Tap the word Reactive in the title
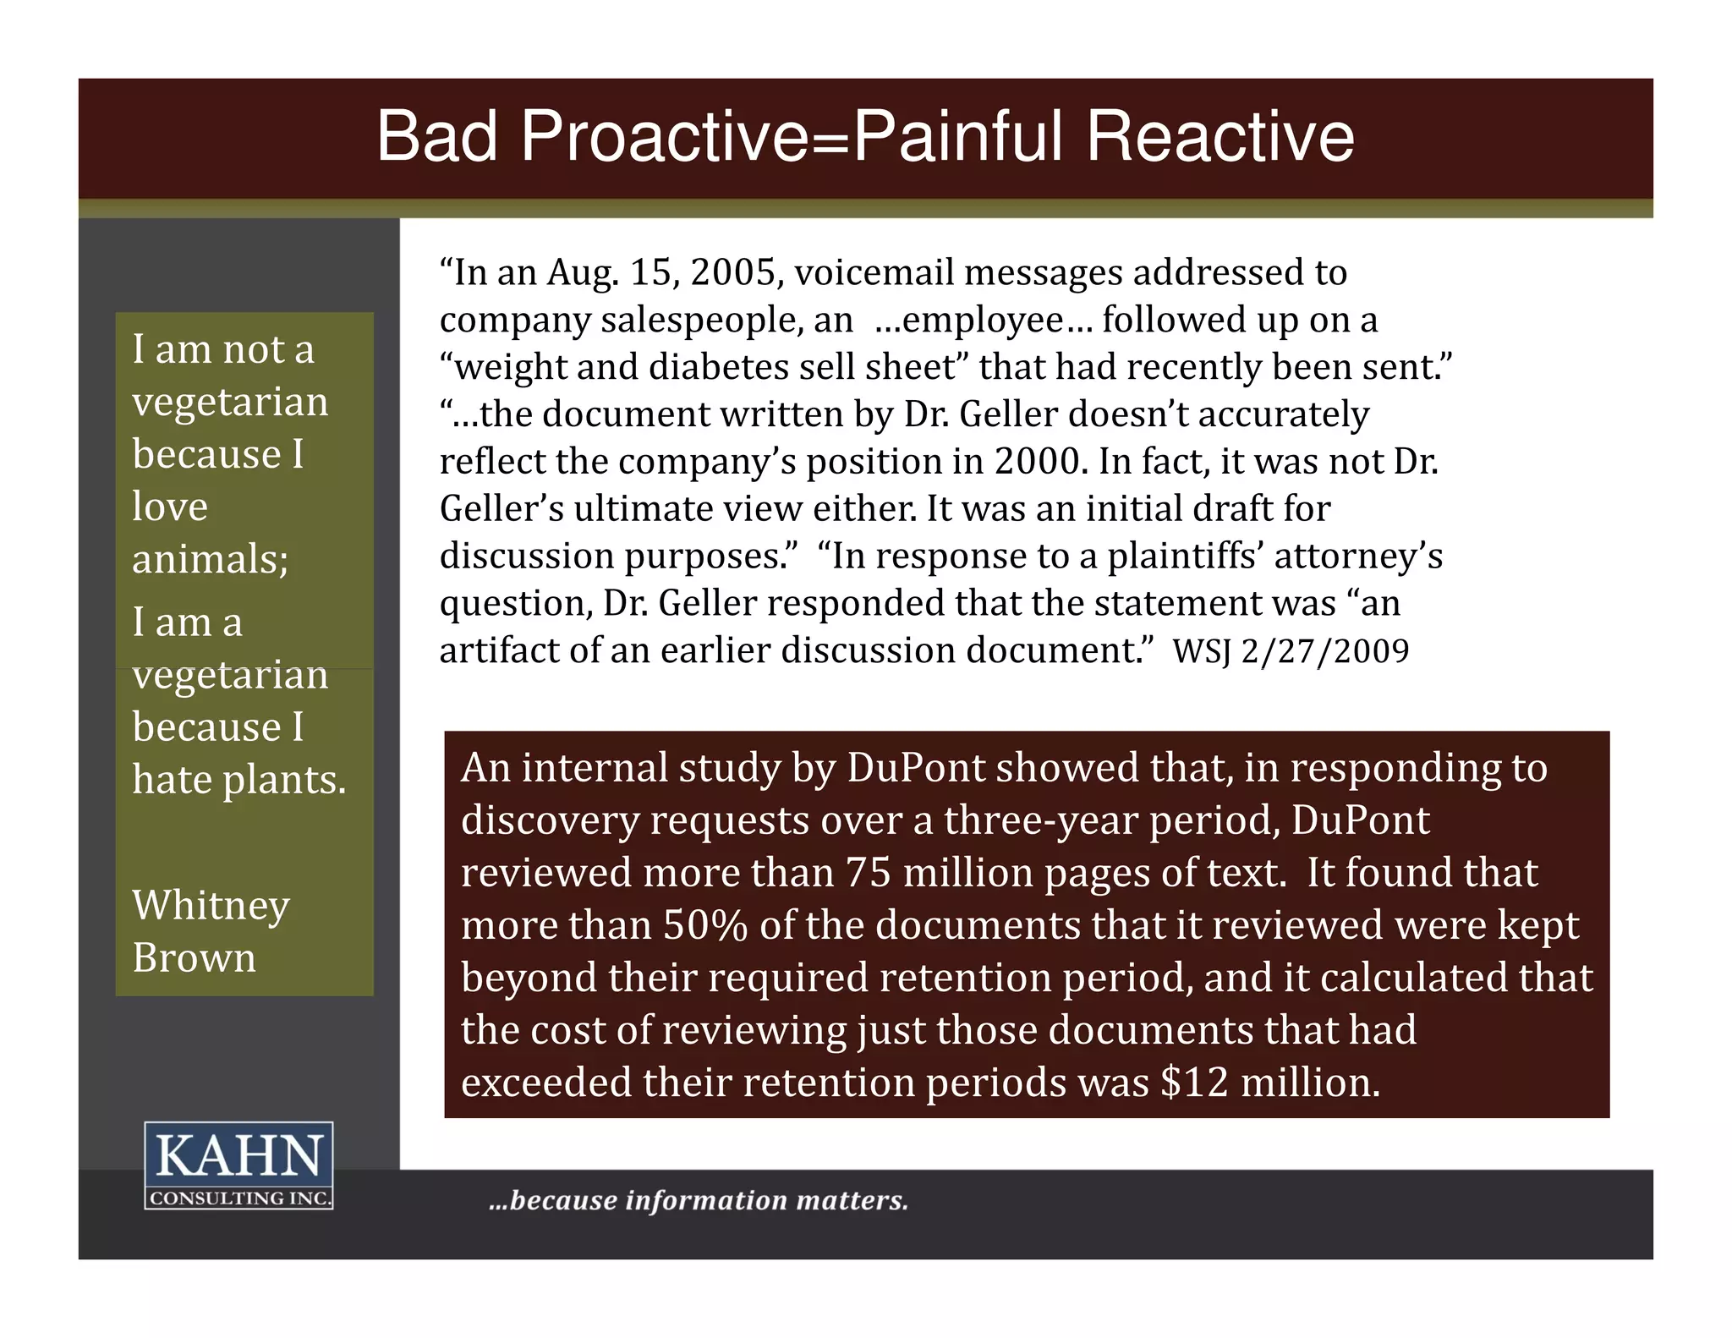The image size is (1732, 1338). (1220, 137)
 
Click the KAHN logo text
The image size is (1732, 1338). (238, 1156)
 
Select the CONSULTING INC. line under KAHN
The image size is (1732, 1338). (238, 1198)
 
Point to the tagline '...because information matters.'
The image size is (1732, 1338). (699, 1200)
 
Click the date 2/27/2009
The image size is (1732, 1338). (1325, 652)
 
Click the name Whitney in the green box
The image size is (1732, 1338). (211, 907)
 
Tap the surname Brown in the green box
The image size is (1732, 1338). (194, 958)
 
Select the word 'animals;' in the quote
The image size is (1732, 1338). (210, 560)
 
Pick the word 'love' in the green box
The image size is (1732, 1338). (169, 507)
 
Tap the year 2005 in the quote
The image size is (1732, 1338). (732, 273)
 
